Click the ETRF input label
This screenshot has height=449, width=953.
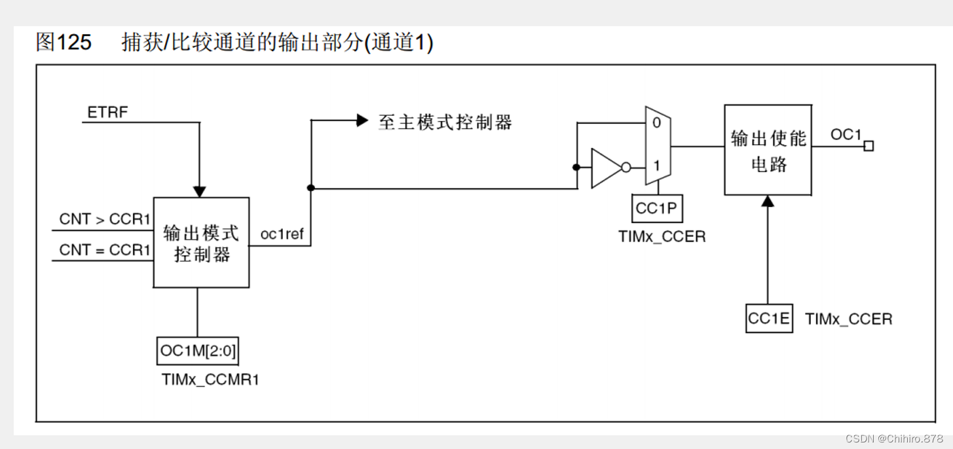pos(107,113)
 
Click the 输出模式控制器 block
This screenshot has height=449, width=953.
pos(201,243)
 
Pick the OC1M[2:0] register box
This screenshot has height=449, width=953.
pos(198,351)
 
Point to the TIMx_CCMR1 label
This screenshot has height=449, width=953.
pos(210,379)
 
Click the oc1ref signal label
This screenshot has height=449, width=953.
pos(282,234)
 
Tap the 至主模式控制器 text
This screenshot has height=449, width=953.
pos(445,122)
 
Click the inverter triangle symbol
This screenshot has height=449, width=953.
pos(606,168)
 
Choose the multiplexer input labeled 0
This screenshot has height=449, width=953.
pos(657,122)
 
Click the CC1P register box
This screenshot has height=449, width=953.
pos(657,208)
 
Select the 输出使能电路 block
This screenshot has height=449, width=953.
pos(768,151)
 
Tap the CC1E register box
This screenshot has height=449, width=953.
pos(769,319)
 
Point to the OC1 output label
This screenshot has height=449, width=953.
pos(846,134)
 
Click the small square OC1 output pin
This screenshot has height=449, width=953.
pos(869,146)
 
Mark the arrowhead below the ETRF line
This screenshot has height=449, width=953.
pos(200,191)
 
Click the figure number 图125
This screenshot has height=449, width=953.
pos(64,43)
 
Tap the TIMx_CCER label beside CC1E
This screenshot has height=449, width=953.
pos(848,319)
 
